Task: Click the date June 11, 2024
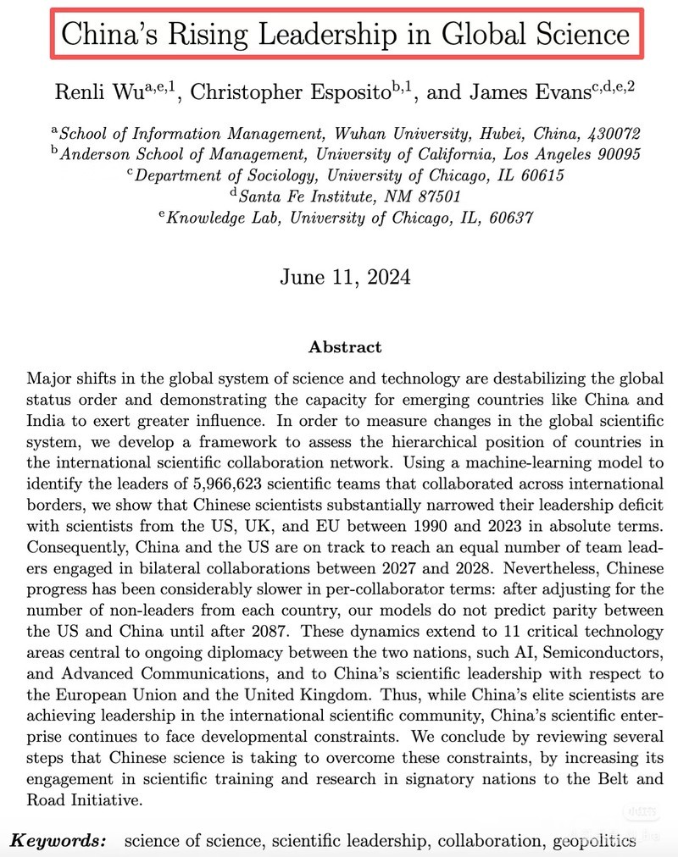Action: tap(344, 277)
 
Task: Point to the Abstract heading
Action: tap(344, 347)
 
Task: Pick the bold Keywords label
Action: tap(58, 841)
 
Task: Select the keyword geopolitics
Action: tap(595, 841)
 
